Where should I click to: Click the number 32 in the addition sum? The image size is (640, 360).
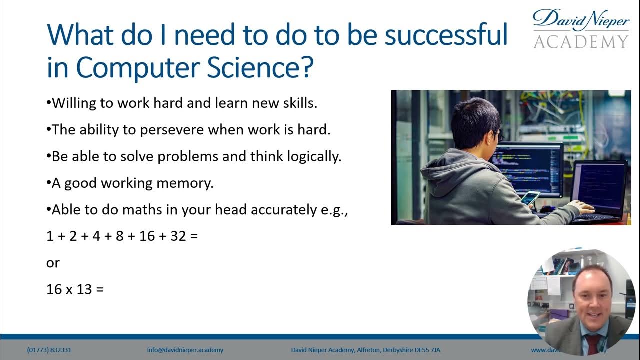(x=178, y=236)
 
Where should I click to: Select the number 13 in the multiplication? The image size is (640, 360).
(x=84, y=289)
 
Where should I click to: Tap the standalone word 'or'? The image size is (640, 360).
(x=53, y=263)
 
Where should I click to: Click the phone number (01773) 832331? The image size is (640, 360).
(x=49, y=350)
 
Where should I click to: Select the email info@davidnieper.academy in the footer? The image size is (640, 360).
(x=185, y=350)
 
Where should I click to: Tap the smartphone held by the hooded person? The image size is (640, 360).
(x=530, y=197)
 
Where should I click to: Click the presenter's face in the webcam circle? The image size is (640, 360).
(x=592, y=300)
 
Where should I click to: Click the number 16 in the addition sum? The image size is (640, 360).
(x=147, y=236)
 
